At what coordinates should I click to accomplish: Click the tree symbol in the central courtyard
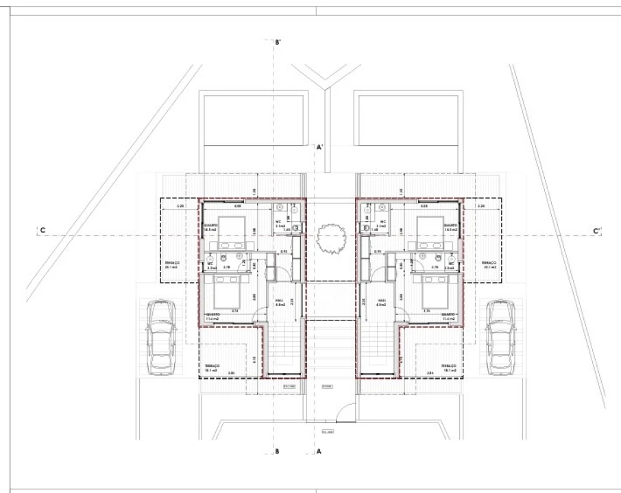point(330,240)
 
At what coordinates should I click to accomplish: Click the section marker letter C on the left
point(42,231)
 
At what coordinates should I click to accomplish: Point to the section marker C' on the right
point(596,231)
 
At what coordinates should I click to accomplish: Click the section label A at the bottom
point(319,451)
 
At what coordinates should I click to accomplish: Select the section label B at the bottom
point(276,451)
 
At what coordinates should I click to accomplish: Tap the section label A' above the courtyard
point(319,147)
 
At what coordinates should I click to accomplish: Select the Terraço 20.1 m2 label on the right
point(489,265)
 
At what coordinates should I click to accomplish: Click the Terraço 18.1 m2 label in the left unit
point(212,368)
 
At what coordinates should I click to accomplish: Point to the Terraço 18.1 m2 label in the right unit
point(449,368)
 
